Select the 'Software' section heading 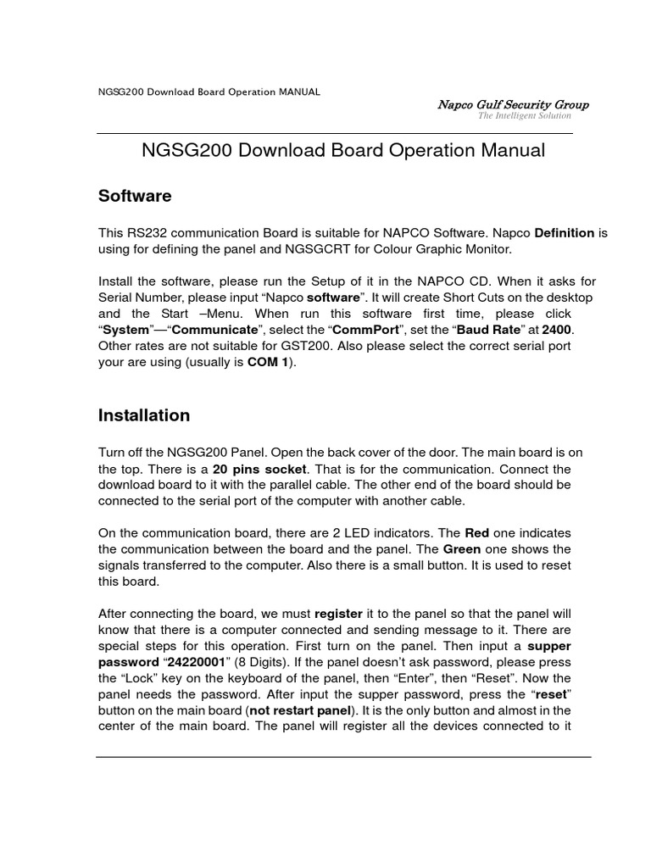pyautogui.click(x=135, y=197)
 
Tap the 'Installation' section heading pyautogui.click(x=144, y=415)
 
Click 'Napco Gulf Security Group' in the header pyautogui.click(x=512, y=104)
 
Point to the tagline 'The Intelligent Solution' pyautogui.click(x=524, y=116)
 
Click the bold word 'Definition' pyautogui.click(x=565, y=233)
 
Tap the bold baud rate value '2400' pyautogui.click(x=557, y=331)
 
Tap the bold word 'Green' pyautogui.click(x=464, y=548)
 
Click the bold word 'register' pyautogui.click(x=338, y=613)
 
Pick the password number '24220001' pyautogui.click(x=192, y=661)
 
